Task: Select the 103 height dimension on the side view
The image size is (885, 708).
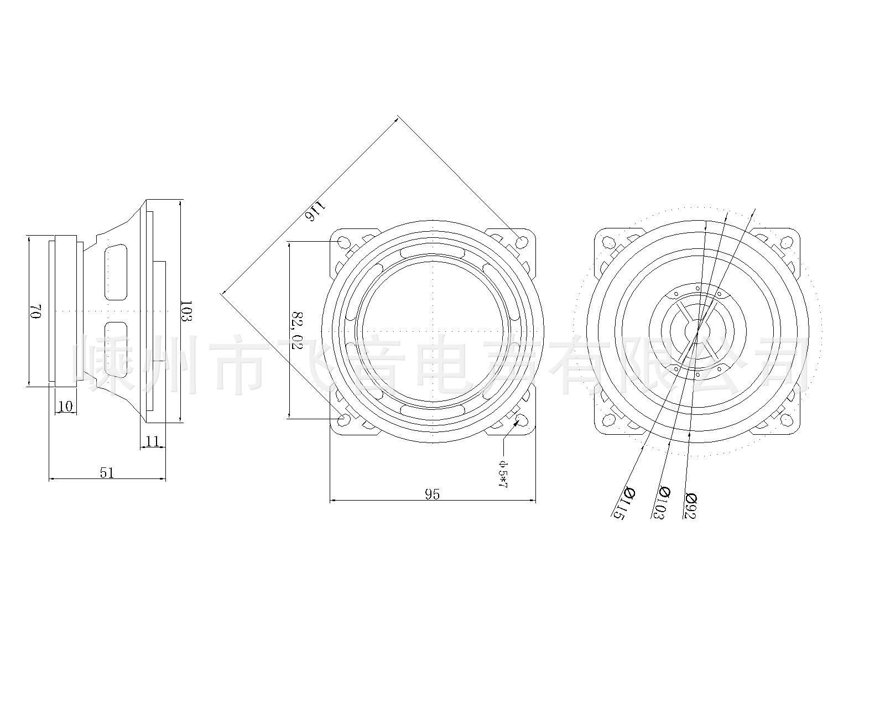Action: click(187, 311)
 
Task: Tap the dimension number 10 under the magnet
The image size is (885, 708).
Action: click(65, 407)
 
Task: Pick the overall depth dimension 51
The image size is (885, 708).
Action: click(107, 473)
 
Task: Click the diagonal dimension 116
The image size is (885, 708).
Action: click(315, 211)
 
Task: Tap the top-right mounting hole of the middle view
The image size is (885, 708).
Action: click(521, 242)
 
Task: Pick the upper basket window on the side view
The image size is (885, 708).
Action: click(115, 272)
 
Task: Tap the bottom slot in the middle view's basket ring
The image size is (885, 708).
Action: click(432, 410)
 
